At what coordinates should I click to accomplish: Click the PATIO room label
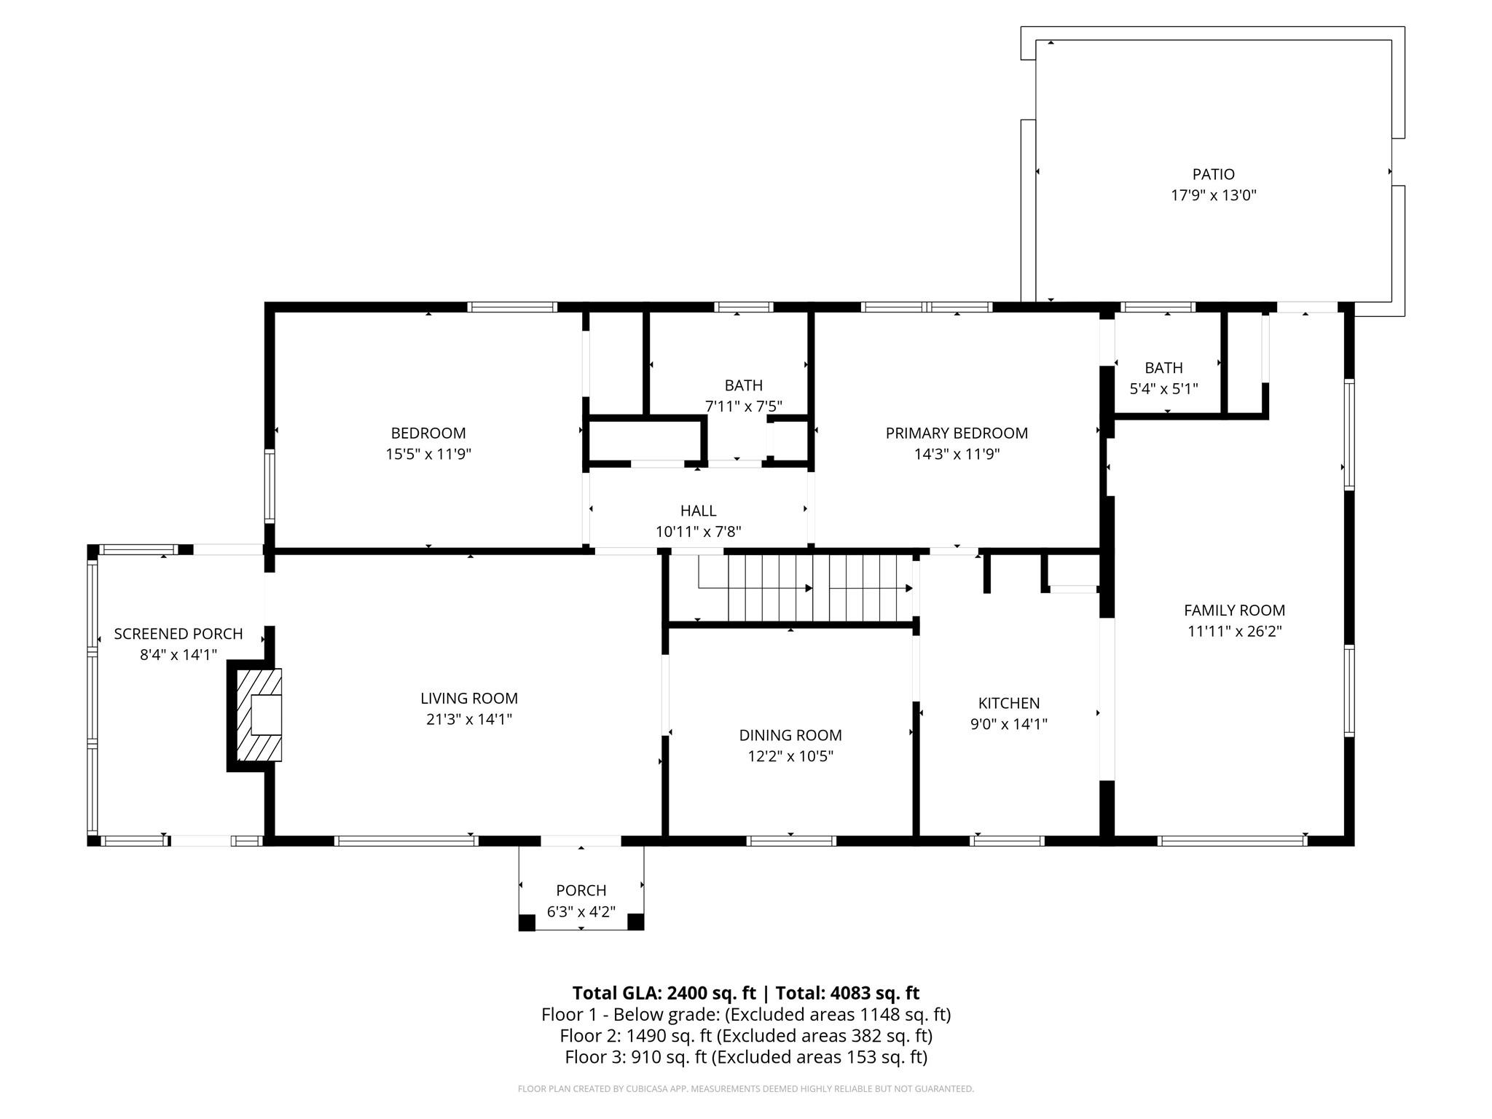pos(1213,174)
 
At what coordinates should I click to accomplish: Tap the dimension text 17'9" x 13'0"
pos(1213,195)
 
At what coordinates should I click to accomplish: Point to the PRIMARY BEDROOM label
pos(957,433)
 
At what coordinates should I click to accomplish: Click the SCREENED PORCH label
pos(178,634)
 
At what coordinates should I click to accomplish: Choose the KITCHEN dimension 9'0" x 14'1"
pos(1008,724)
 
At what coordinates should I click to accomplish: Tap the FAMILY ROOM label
pos(1234,610)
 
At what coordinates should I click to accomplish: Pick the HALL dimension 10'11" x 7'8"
pos(698,532)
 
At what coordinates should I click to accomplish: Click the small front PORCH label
pos(581,890)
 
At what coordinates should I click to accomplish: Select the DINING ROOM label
pos(790,735)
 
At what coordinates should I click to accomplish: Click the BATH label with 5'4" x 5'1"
pos(1163,368)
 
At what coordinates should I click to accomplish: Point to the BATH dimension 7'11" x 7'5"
pos(743,407)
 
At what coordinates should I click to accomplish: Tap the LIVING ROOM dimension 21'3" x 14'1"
pos(468,720)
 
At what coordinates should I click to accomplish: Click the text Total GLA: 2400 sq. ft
pos(664,993)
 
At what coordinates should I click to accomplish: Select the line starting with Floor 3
pos(746,1056)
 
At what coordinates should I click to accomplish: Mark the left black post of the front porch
pos(527,922)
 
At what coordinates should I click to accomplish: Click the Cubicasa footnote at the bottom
pos(746,1089)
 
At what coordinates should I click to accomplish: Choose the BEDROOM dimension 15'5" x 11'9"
pos(428,454)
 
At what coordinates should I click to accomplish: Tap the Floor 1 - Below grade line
pos(746,1014)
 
